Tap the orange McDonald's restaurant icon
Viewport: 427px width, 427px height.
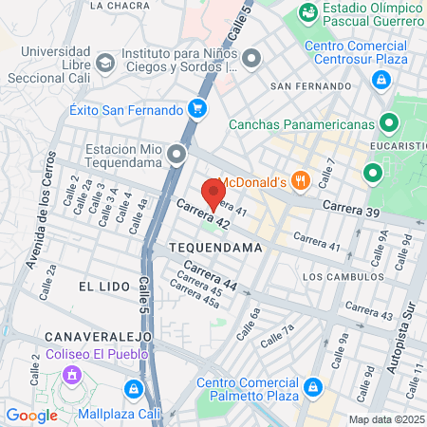[301, 180]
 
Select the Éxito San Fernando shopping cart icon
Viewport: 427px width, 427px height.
[197, 108]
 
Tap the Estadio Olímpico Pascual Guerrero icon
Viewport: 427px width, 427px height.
[307, 13]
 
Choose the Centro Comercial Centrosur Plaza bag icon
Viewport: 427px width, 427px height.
[381, 81]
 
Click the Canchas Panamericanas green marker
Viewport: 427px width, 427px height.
[388, 122]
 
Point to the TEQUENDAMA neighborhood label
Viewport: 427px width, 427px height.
[214, 247]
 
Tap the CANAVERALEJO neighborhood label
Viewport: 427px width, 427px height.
[89, 336]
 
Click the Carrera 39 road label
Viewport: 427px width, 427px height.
[351, 208]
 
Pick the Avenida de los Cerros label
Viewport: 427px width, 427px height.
[42, 223]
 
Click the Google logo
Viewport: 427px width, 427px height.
[31, 415]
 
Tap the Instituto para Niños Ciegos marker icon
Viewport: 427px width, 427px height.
[251, 60]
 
